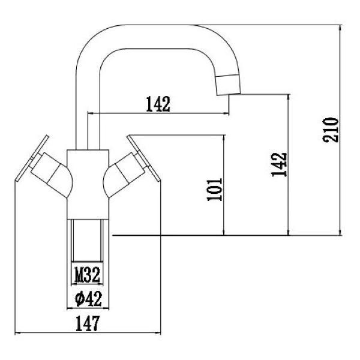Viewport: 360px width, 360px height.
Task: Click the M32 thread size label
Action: coord(87,276)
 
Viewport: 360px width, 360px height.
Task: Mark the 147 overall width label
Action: coord(88,323)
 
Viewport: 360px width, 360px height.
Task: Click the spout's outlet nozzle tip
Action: coord(228,85)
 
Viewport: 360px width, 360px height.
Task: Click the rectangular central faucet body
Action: coord(87,183)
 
